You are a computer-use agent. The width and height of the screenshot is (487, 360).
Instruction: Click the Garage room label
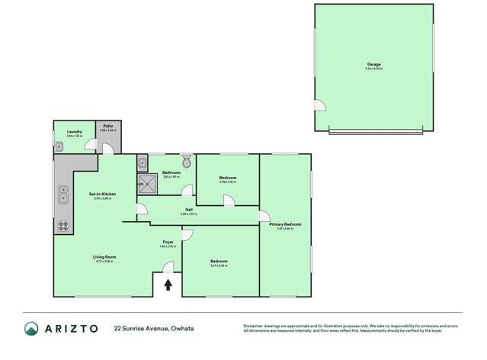tap(373, 64)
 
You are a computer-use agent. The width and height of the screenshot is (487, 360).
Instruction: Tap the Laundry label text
tap(74, 132)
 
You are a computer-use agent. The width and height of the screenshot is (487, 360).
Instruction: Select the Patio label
tap(108, 126)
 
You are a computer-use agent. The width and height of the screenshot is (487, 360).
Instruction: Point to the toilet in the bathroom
tap(187, 161)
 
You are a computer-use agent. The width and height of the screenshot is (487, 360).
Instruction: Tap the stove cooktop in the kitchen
tap(62, 226)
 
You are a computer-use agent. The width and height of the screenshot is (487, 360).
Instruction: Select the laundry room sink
tap(59, 147)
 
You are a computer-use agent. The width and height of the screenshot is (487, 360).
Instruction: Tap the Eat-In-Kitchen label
tap(102, 194)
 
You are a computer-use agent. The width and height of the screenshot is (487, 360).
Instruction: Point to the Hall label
tap(188, 211)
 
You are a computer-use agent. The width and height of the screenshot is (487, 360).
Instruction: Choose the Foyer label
tap(168, 243)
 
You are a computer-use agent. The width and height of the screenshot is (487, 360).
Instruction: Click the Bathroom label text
tap(171, 172)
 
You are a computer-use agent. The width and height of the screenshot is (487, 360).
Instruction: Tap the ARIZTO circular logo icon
tap(31, 329)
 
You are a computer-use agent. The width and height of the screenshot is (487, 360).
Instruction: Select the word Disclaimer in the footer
tap(255, 326)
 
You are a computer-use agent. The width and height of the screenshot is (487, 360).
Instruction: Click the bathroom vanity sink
tap(142, 162)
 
